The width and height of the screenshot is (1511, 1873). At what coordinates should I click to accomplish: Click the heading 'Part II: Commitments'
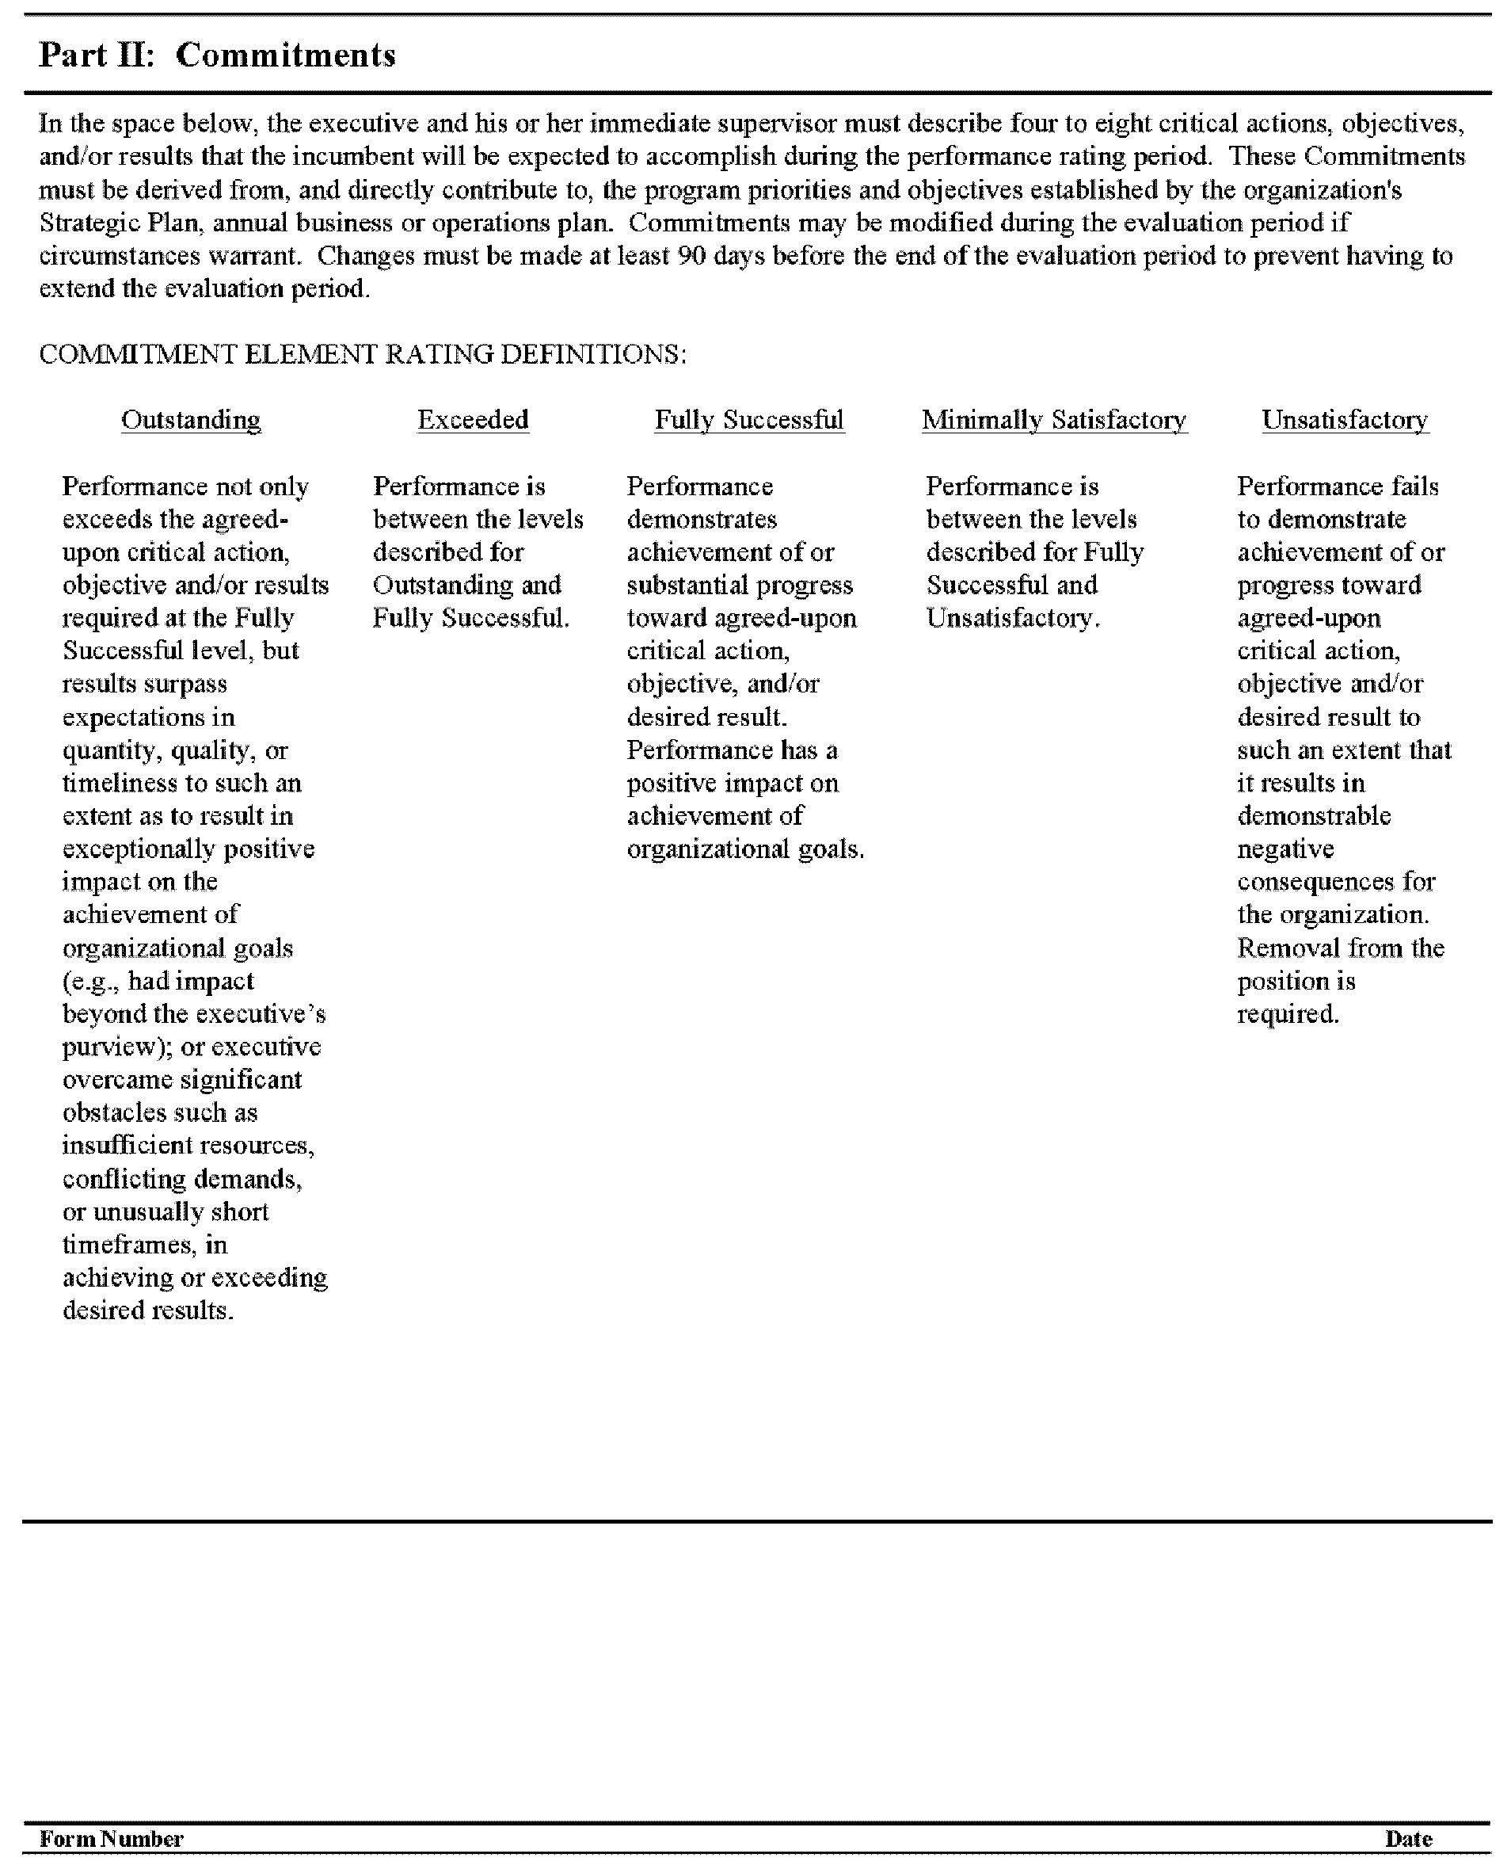tap(217, 55)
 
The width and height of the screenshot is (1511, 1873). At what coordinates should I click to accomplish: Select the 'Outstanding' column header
tap(191, 420)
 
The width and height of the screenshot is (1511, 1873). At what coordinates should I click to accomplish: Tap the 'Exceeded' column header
tap(473, 420)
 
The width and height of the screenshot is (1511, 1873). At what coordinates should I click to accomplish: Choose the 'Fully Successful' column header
tap(748, 420)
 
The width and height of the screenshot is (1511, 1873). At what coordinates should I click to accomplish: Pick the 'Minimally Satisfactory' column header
tap(1054, 420)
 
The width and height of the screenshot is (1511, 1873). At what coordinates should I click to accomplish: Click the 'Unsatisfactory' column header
tap(1345, 420)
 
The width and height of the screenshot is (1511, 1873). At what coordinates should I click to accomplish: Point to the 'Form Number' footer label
tap(112, 1838)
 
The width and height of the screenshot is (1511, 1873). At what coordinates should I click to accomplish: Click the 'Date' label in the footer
tap(1408, 1838)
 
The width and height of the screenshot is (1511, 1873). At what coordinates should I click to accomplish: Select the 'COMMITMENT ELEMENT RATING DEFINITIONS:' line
tap(362, 354)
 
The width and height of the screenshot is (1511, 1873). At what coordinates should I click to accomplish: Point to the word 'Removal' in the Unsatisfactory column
tap(1288, 948)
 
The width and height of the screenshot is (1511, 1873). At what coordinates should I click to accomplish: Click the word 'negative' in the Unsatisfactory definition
tap(1285, 849)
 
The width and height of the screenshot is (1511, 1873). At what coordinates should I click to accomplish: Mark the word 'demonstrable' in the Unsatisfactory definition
tap(1314, 816)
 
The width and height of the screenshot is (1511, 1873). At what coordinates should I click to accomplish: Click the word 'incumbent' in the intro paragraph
tap(352, 157)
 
